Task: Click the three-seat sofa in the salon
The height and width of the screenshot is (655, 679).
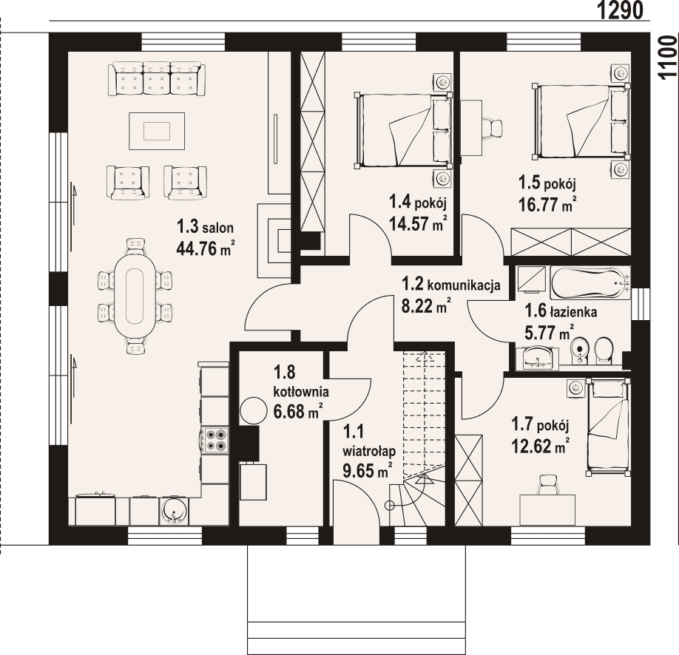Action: click(x=156, y=78)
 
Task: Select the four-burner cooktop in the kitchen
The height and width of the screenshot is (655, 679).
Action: click(x=216, y=440)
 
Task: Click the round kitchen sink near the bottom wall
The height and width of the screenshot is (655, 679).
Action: click(x=175, y=510)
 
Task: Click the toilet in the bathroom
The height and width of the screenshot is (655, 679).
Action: click(x=604, y=350)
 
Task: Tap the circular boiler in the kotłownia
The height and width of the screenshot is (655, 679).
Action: click(x=254, y=410)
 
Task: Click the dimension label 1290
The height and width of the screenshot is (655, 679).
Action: click(x=621, y=10)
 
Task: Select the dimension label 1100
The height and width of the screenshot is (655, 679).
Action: click(x=668, y=58)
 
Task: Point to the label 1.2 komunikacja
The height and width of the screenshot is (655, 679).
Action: click(x=450, y=285)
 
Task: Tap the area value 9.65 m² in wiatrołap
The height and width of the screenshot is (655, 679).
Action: click(x=367, y=470)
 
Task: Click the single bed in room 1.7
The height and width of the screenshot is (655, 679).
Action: click(x=607, y=427)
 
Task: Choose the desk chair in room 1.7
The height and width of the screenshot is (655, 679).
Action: click(x=547, y=485)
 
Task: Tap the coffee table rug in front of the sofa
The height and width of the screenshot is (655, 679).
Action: click(x=157, y=131)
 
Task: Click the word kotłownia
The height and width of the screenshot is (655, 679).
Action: click(x=300, y=392)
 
